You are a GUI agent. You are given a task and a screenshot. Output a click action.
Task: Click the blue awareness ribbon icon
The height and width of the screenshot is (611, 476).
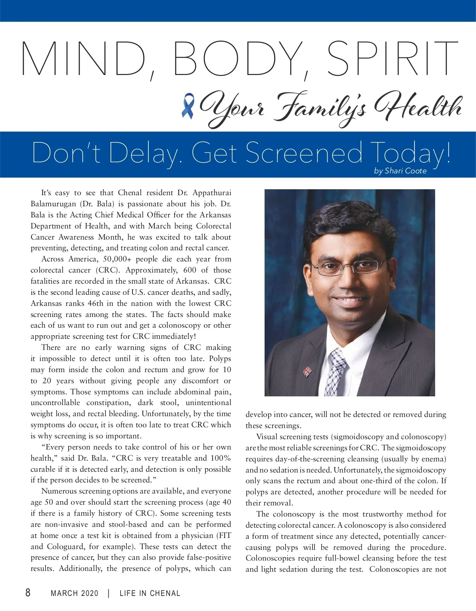(188, 106)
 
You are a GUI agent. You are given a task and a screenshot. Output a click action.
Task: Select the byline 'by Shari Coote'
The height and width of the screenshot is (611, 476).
(400, 171)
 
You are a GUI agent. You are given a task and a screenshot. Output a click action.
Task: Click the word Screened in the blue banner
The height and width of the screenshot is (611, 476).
(304, 153)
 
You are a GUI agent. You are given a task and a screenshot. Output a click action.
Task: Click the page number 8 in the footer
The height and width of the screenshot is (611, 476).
(28, 592)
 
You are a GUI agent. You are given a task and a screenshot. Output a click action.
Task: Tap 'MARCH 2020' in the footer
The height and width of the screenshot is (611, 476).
(75, 593)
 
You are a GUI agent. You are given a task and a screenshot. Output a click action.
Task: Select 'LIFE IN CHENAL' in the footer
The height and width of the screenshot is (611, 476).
(150, 593)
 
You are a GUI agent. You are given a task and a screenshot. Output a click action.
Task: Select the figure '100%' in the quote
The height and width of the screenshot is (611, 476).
(221, 458)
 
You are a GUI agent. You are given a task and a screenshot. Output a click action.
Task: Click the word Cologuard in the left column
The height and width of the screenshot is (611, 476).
(66, 546)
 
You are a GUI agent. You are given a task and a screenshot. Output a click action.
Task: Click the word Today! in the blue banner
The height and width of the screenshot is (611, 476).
(411, 153)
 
